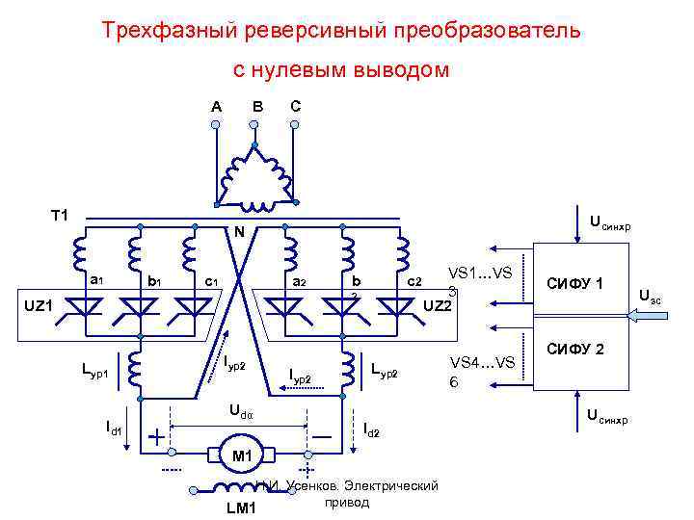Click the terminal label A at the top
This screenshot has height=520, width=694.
[217, 105]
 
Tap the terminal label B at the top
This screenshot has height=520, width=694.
[257, 105]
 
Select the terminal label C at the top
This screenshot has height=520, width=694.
[295, 105]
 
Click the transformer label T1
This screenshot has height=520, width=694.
[60, 214]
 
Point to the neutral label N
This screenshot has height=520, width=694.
[236, 232]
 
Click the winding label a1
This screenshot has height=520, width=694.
[96, 280]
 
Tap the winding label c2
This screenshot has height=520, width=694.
[414, 281]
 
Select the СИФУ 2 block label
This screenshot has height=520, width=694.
[575, 348]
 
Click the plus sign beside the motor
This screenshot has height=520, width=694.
[155, 436]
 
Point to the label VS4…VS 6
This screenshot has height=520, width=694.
[482, 371]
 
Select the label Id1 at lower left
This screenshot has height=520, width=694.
[114, 427]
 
